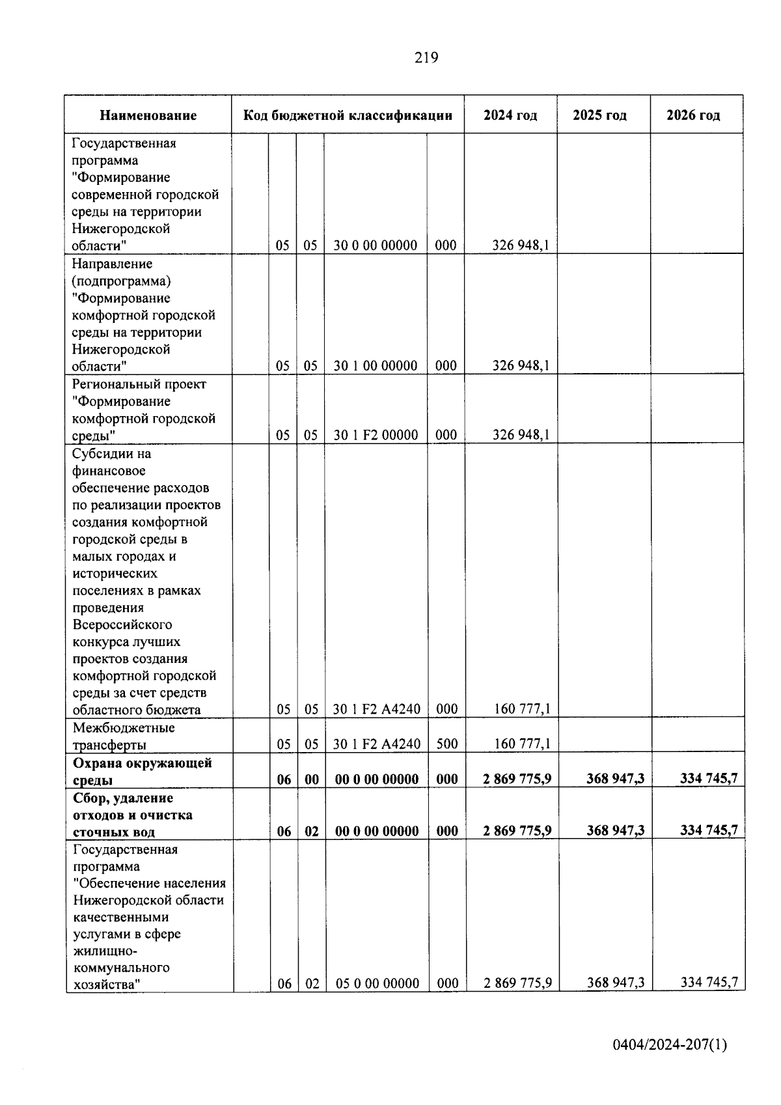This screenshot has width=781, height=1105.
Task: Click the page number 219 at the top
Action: [426, 58]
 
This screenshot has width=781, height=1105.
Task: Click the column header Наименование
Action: [148, 116]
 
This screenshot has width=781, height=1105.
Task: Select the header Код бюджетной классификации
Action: [348, 116]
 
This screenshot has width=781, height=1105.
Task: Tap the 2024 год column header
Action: [510, 116]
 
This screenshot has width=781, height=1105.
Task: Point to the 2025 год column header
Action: [599, 116]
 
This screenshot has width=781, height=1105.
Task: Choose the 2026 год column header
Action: [693, 116]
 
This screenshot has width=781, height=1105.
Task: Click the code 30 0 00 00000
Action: [376, 245]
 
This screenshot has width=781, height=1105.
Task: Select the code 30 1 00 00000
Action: [376, 366]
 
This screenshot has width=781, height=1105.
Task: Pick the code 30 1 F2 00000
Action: [376, 435]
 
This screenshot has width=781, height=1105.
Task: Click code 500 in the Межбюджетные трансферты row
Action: [446, 744]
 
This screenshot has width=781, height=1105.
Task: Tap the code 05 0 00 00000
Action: [377, 983]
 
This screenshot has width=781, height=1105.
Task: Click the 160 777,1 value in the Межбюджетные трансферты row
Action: [522, 744]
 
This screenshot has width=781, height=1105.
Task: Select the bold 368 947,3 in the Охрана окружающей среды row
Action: [615, 779]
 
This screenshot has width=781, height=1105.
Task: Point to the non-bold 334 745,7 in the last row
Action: [709, 983]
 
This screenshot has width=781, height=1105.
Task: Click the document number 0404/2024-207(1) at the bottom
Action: [669, 1045]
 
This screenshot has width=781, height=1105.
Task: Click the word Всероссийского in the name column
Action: [122, 624]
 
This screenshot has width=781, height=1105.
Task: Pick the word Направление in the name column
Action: [112, 264]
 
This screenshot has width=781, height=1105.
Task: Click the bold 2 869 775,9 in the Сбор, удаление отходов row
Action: [517, 831]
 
